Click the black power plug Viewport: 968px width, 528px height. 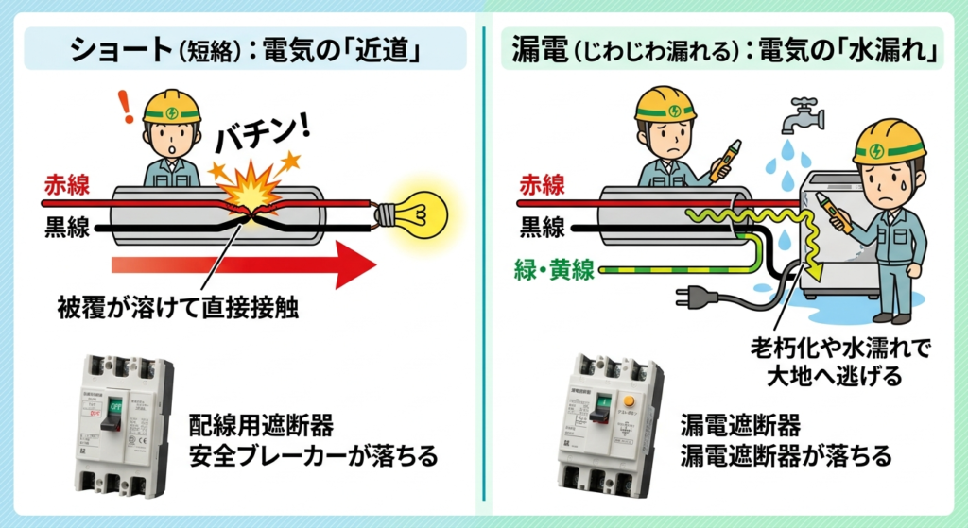coord(696,298)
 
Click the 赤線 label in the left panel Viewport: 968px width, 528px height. coord(67,184)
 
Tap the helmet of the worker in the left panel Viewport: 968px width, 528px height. coord(171,105)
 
